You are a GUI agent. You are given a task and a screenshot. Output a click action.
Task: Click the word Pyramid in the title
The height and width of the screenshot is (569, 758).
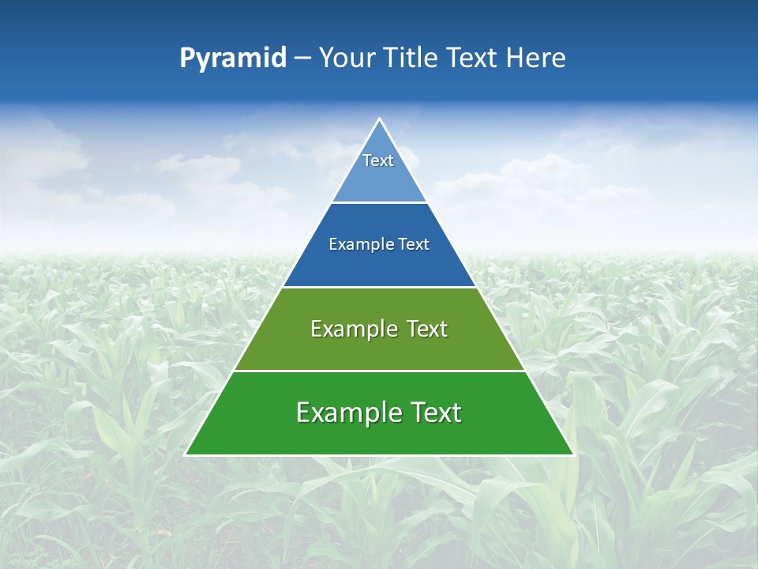(x=233, y=58)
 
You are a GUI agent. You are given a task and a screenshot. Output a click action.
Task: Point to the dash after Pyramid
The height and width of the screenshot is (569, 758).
(x=302, y=58)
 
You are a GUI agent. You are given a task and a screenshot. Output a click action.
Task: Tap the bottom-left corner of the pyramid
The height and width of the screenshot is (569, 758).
(x=186, y=454)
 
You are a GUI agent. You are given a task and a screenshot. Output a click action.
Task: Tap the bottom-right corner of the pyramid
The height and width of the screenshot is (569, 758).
(x=573, y=454)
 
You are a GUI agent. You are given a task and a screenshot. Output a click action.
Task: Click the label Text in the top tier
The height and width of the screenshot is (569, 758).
(x=378, y=160)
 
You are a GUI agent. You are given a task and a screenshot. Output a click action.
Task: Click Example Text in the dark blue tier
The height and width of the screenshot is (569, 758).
(x=379, y=244)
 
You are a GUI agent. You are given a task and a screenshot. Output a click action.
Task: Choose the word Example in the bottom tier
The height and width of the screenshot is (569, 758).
(x=341, y=413)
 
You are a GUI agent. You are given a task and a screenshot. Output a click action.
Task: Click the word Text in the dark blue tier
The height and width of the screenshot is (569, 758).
(x=414, y=244)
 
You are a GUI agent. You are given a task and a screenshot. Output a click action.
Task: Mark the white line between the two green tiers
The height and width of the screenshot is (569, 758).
(x=379, y=371)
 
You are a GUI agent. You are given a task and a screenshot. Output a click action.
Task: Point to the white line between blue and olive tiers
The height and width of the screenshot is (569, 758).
(x=379, y=287)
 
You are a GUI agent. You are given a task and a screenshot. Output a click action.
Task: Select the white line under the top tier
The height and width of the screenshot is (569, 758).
(x=379, y=203)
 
